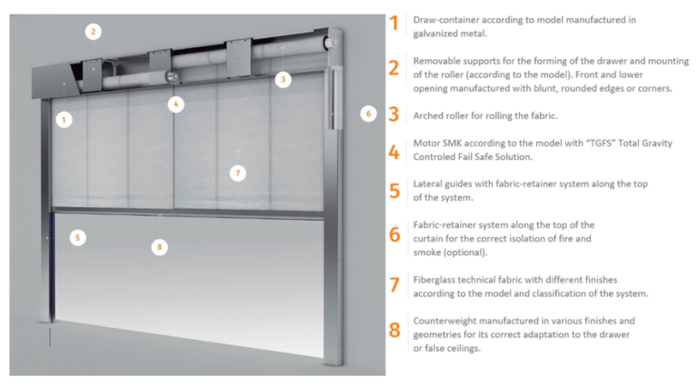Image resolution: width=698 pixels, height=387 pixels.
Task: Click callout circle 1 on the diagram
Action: [x=63, y=118]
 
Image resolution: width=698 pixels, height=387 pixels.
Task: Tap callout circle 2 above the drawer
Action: [x=92, y=32]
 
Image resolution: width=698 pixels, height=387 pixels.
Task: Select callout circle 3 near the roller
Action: [x=284, y=80]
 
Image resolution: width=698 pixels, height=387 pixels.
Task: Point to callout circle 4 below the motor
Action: [x=176, y=104]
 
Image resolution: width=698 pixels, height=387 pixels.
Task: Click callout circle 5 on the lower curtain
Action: [x=78, y=238]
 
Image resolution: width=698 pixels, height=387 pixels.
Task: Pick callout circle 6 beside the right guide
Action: [x=368, y=114]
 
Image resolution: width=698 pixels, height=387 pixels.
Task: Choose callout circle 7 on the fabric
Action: [x=237, y=173]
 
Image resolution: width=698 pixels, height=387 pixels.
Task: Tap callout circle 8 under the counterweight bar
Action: [x=160, y=246]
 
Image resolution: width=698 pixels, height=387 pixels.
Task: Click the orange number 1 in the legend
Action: [x=394, y=24]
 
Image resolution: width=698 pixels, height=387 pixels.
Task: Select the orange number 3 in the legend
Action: [x=394, y=114]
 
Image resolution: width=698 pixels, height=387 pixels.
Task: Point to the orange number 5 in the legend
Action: [x=394, y=190]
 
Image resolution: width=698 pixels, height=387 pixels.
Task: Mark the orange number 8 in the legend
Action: [x=394, y=329]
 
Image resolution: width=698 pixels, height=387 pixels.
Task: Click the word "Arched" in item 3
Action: [x=429, y=115]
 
